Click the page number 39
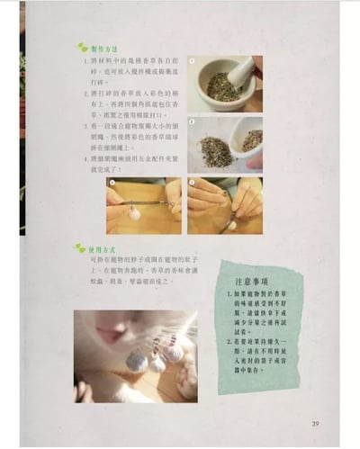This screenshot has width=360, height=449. pyautogui.click(x=316, y=424)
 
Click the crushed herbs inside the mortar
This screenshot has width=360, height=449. pyautogui.click(x=220, y=87)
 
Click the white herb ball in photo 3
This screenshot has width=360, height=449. pyautogui.click(x=135, y=214)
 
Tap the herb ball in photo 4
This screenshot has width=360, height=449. pyautogui.click(x=231, y=225)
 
